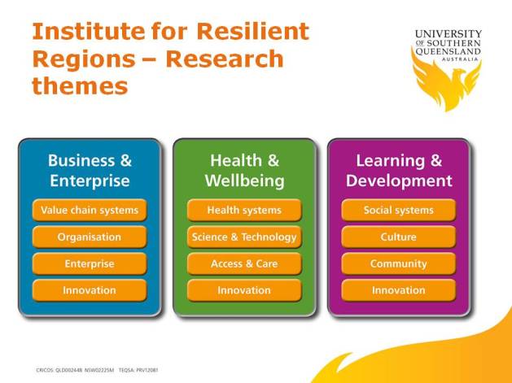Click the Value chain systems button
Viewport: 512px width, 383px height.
[x=90, y=210]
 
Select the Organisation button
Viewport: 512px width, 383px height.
[x=90, y=237]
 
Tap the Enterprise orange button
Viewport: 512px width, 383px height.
[x=90, y=263]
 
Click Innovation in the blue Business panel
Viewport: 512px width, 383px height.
[x=90, y=290]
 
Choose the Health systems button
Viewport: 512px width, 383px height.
[x=244, y=210]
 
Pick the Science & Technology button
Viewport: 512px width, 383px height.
[x=244, y=237]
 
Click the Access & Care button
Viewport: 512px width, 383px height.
[x=244, y=263]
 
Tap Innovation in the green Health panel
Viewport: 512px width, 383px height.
[x=244, y=290]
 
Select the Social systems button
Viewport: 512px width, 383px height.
[x=399, y=210]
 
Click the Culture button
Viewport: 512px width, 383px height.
[x=399, y=237]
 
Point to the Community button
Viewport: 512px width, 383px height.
[x=399, y=263]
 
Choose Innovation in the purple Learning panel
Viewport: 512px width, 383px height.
[x=399, y=290]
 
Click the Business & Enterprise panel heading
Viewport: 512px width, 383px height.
[x=90, y=170]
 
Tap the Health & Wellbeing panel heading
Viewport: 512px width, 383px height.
[x=244, y=170]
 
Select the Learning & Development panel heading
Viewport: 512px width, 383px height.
[x=399, y=170]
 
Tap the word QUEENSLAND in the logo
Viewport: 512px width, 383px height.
[x=448, y=51]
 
